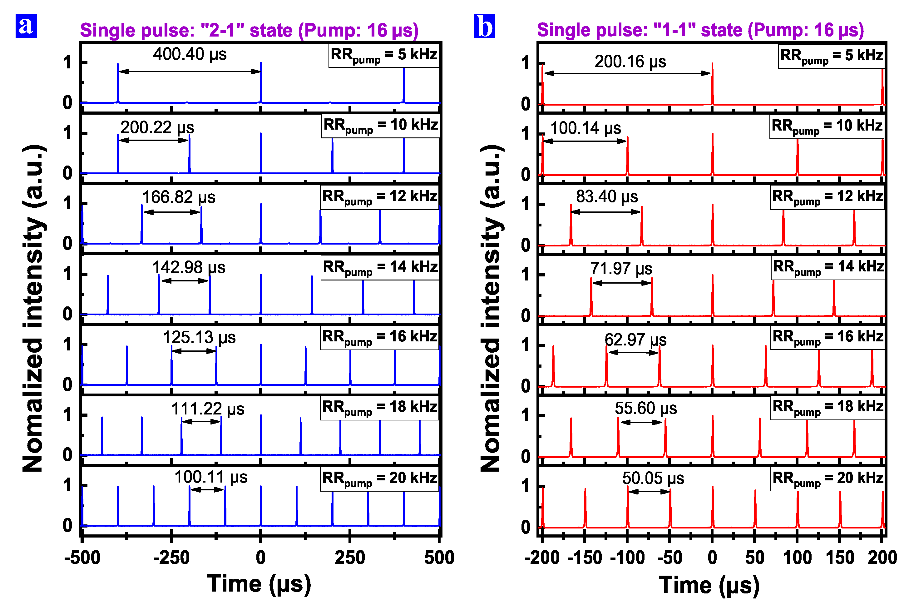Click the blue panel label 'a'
tap(26, 26)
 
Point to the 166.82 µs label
tap(179, 197)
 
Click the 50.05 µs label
tap(653, 478)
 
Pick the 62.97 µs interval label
tap(635, 340)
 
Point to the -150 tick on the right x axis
tap(585, 558)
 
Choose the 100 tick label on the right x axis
tap(797, 558)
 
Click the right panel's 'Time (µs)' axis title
tap(709, 585)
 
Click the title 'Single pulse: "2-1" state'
tap(249, 30)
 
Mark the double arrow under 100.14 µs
tap(585, 141)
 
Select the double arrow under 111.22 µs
tap(201, 422)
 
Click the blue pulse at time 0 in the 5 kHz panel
tap(261, 83)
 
